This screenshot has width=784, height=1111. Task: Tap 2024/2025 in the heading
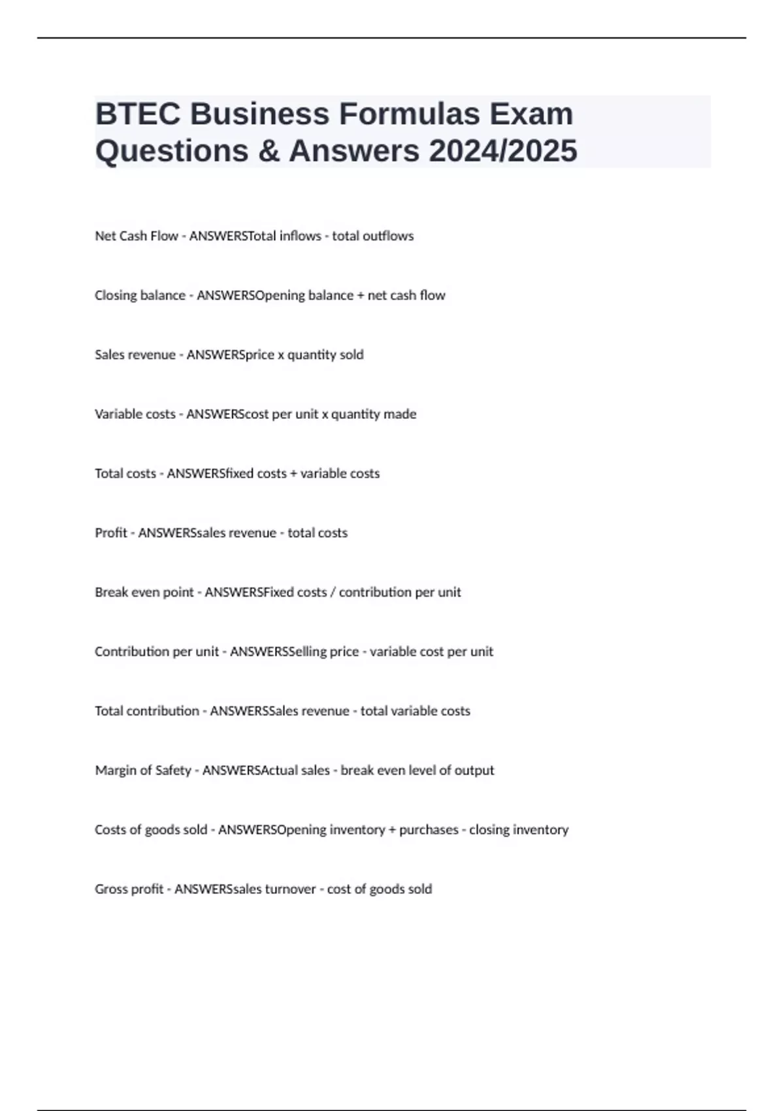(x=503, y=151)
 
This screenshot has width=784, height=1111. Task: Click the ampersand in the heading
(x=268, y=151)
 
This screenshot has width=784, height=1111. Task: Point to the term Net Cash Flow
(x=136, y=236)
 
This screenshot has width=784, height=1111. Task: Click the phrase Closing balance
(x=140, y=295)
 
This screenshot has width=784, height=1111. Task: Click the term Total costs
(x=125, y=473)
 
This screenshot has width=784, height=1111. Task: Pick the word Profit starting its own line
(x=111, y=533)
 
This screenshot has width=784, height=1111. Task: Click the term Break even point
(x=144, y=592)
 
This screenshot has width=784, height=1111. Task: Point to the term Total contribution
(x=147, y=711)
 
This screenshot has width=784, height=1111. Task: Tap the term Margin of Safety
(x=143, y=771)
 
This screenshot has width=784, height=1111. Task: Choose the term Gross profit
(x=129, y=889)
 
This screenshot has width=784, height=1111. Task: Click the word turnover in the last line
(x=290, y=889)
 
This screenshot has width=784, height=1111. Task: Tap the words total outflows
(x=373, y=236)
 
